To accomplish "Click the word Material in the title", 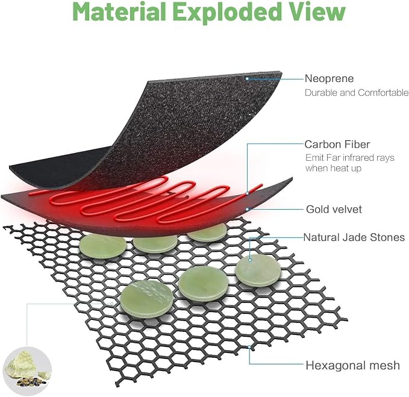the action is pyautogui.click(x=120, y=11).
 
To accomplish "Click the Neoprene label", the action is pyautogui.click(x=329, y=78).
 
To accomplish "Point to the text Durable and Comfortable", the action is pyautogui.click(x=357, y=93).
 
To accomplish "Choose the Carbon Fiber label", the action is pyautogui.click(x=337, y=144).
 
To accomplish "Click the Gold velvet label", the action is pyautogui.click(x=334, y=209).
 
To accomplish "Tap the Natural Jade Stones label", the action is pyautogui.click(x=354, y=237).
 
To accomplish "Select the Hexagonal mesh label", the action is pyautogui.click(x=352, y=366).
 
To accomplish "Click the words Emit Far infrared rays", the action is pyautogui.click(x=350, y=158).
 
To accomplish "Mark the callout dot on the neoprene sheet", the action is pyautogui.click(x=247, y=78).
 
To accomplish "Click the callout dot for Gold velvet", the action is pyautogui.click(x=248, y=209).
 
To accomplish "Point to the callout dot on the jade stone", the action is pyautogui.click(x=250, y=260).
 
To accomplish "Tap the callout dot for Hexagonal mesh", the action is pyautogui.click(x=249, y=347).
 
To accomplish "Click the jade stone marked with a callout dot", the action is pyautogui.click(x=258, y=270).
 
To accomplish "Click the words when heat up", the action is pyautogui.click(x=333, y=168).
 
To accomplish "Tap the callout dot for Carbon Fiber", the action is pyautogui.click(x=247, y=193).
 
